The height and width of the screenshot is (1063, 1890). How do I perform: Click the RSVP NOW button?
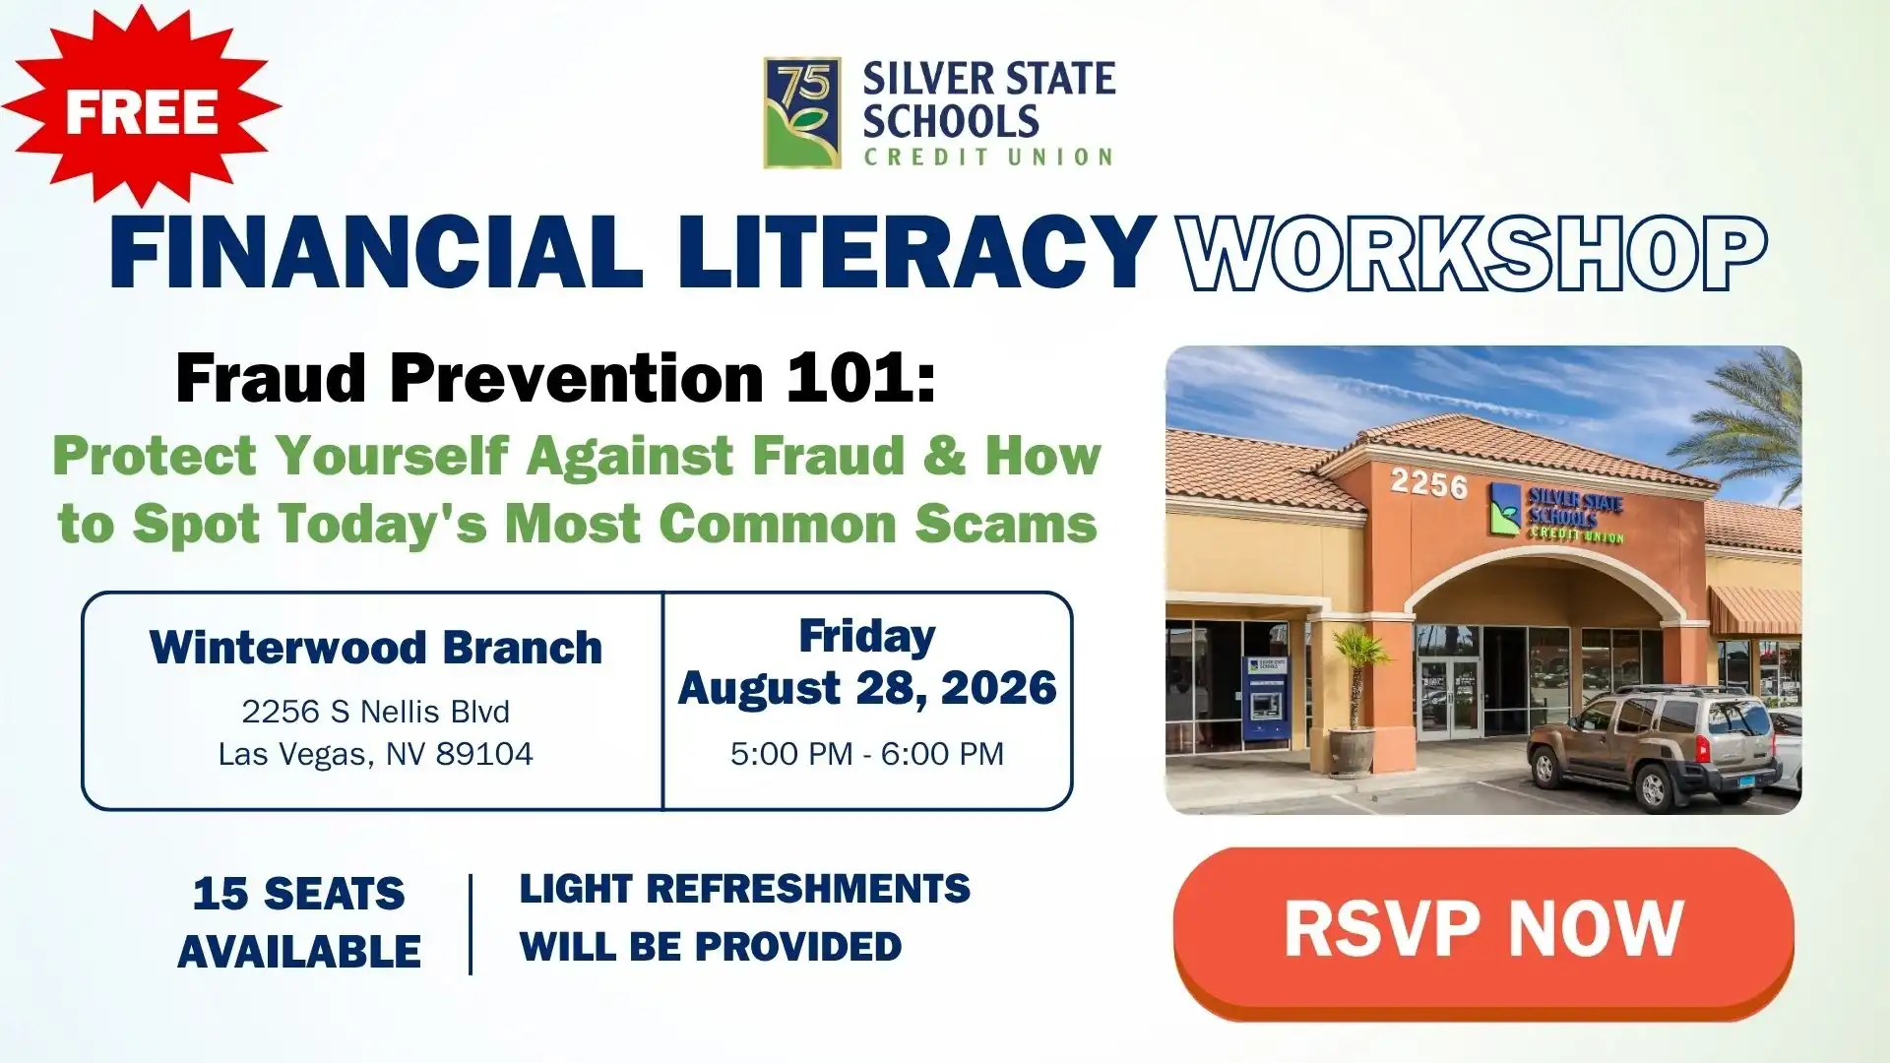tap(1483, 932)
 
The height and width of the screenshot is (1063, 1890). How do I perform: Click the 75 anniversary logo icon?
tap(802, 112)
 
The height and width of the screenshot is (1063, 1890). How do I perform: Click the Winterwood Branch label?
tap(376, 648)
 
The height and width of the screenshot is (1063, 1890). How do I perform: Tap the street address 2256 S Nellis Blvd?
tap(376, 711)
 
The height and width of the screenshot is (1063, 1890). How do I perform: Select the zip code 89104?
tap(484, 754)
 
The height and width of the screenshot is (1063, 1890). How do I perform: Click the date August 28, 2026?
tap(867, 688)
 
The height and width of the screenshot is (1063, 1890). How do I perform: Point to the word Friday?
tap(867, 637)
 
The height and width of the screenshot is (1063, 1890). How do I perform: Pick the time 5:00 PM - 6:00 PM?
tap(867, 754)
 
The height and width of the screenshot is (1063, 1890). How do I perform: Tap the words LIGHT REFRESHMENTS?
tap(745, 889)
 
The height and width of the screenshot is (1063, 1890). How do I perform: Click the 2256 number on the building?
tap(1428, 482)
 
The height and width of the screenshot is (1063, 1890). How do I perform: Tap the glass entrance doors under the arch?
tap(1449, 700)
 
